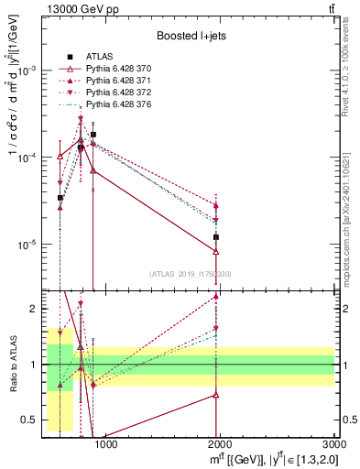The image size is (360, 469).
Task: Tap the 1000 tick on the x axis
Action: (x=106, y=446)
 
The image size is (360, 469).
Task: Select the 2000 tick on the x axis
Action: (x=220, y=446)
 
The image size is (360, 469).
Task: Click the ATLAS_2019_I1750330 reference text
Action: (x=190, y=274)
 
